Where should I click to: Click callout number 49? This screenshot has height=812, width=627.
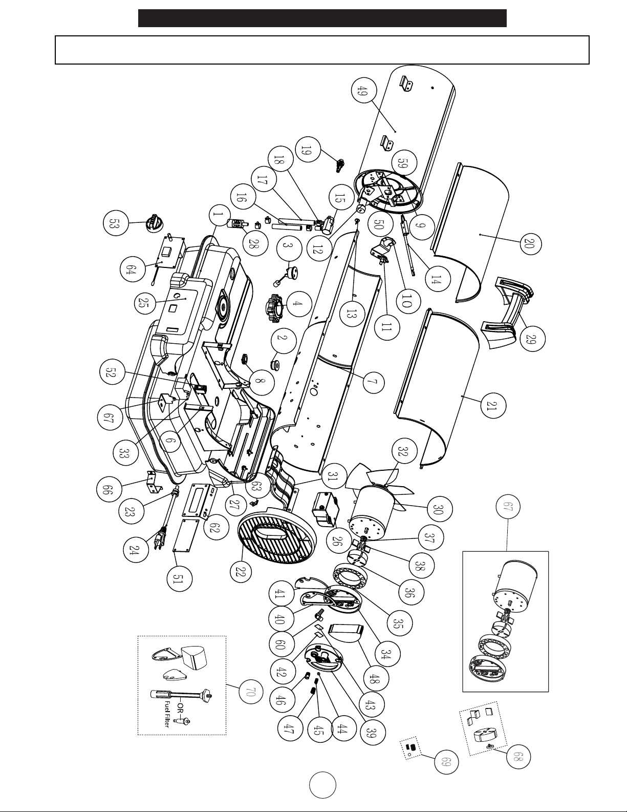point(363,91)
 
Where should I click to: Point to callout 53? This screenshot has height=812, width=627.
point(115,223)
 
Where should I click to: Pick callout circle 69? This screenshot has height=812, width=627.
point(447,762)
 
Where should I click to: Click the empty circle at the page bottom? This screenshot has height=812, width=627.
point(322,785)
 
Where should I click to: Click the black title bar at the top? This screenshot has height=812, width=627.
point(322,18)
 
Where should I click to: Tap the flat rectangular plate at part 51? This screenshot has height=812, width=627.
point(185,535)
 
